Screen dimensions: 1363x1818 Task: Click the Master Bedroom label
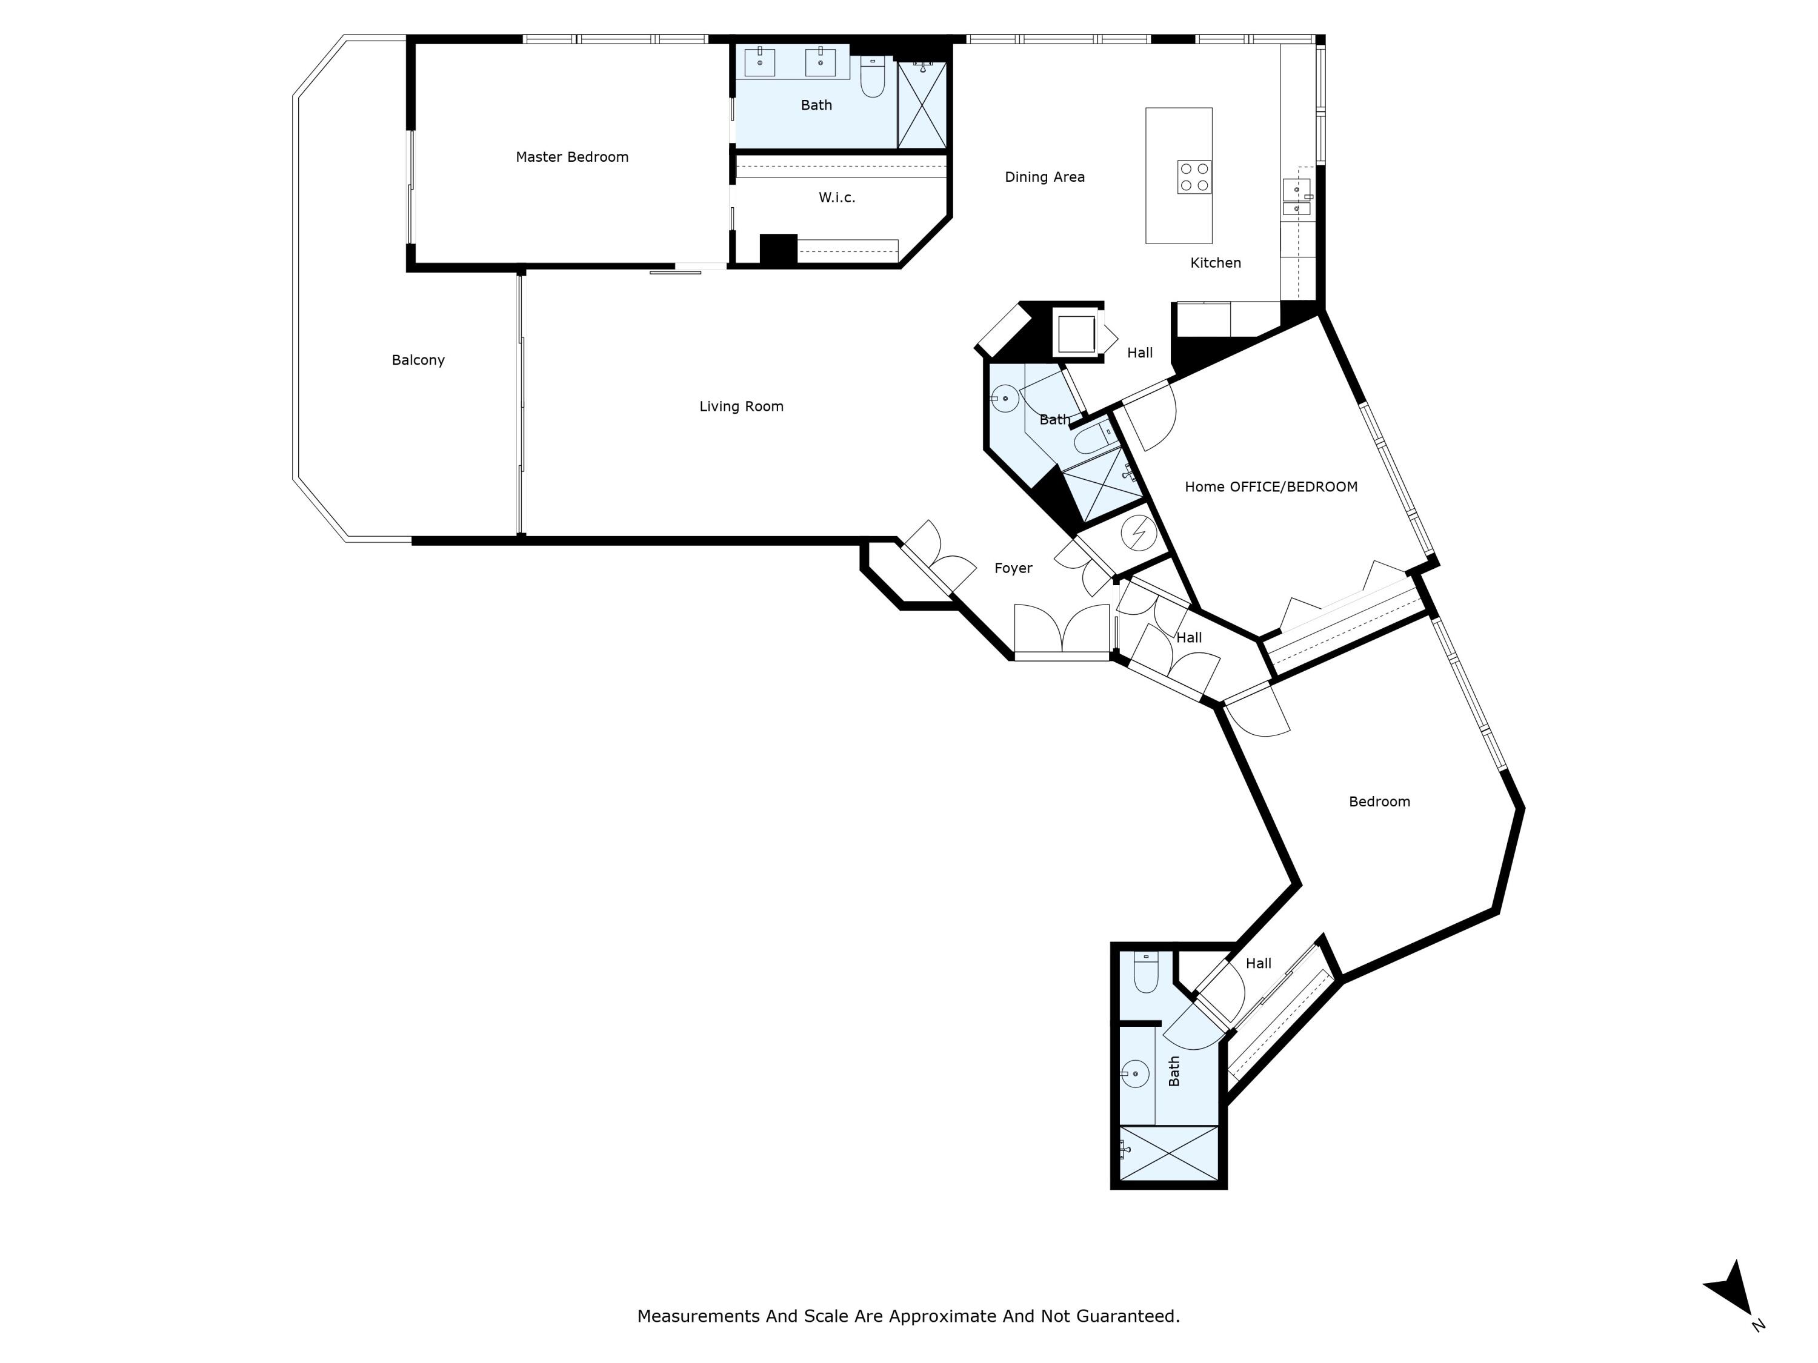[571, 157]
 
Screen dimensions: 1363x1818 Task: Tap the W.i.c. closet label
[837, 197]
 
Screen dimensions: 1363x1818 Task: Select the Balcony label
[418, 360]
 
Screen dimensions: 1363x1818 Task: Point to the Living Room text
[741, 406]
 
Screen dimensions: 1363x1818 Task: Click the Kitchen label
[1215, 263]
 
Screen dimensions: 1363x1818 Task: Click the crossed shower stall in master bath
[922, 105]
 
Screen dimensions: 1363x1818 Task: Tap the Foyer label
[1013, 568]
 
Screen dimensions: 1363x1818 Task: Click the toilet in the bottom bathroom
[1146, 973]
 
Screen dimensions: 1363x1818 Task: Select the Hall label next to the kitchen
[1139, 353]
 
